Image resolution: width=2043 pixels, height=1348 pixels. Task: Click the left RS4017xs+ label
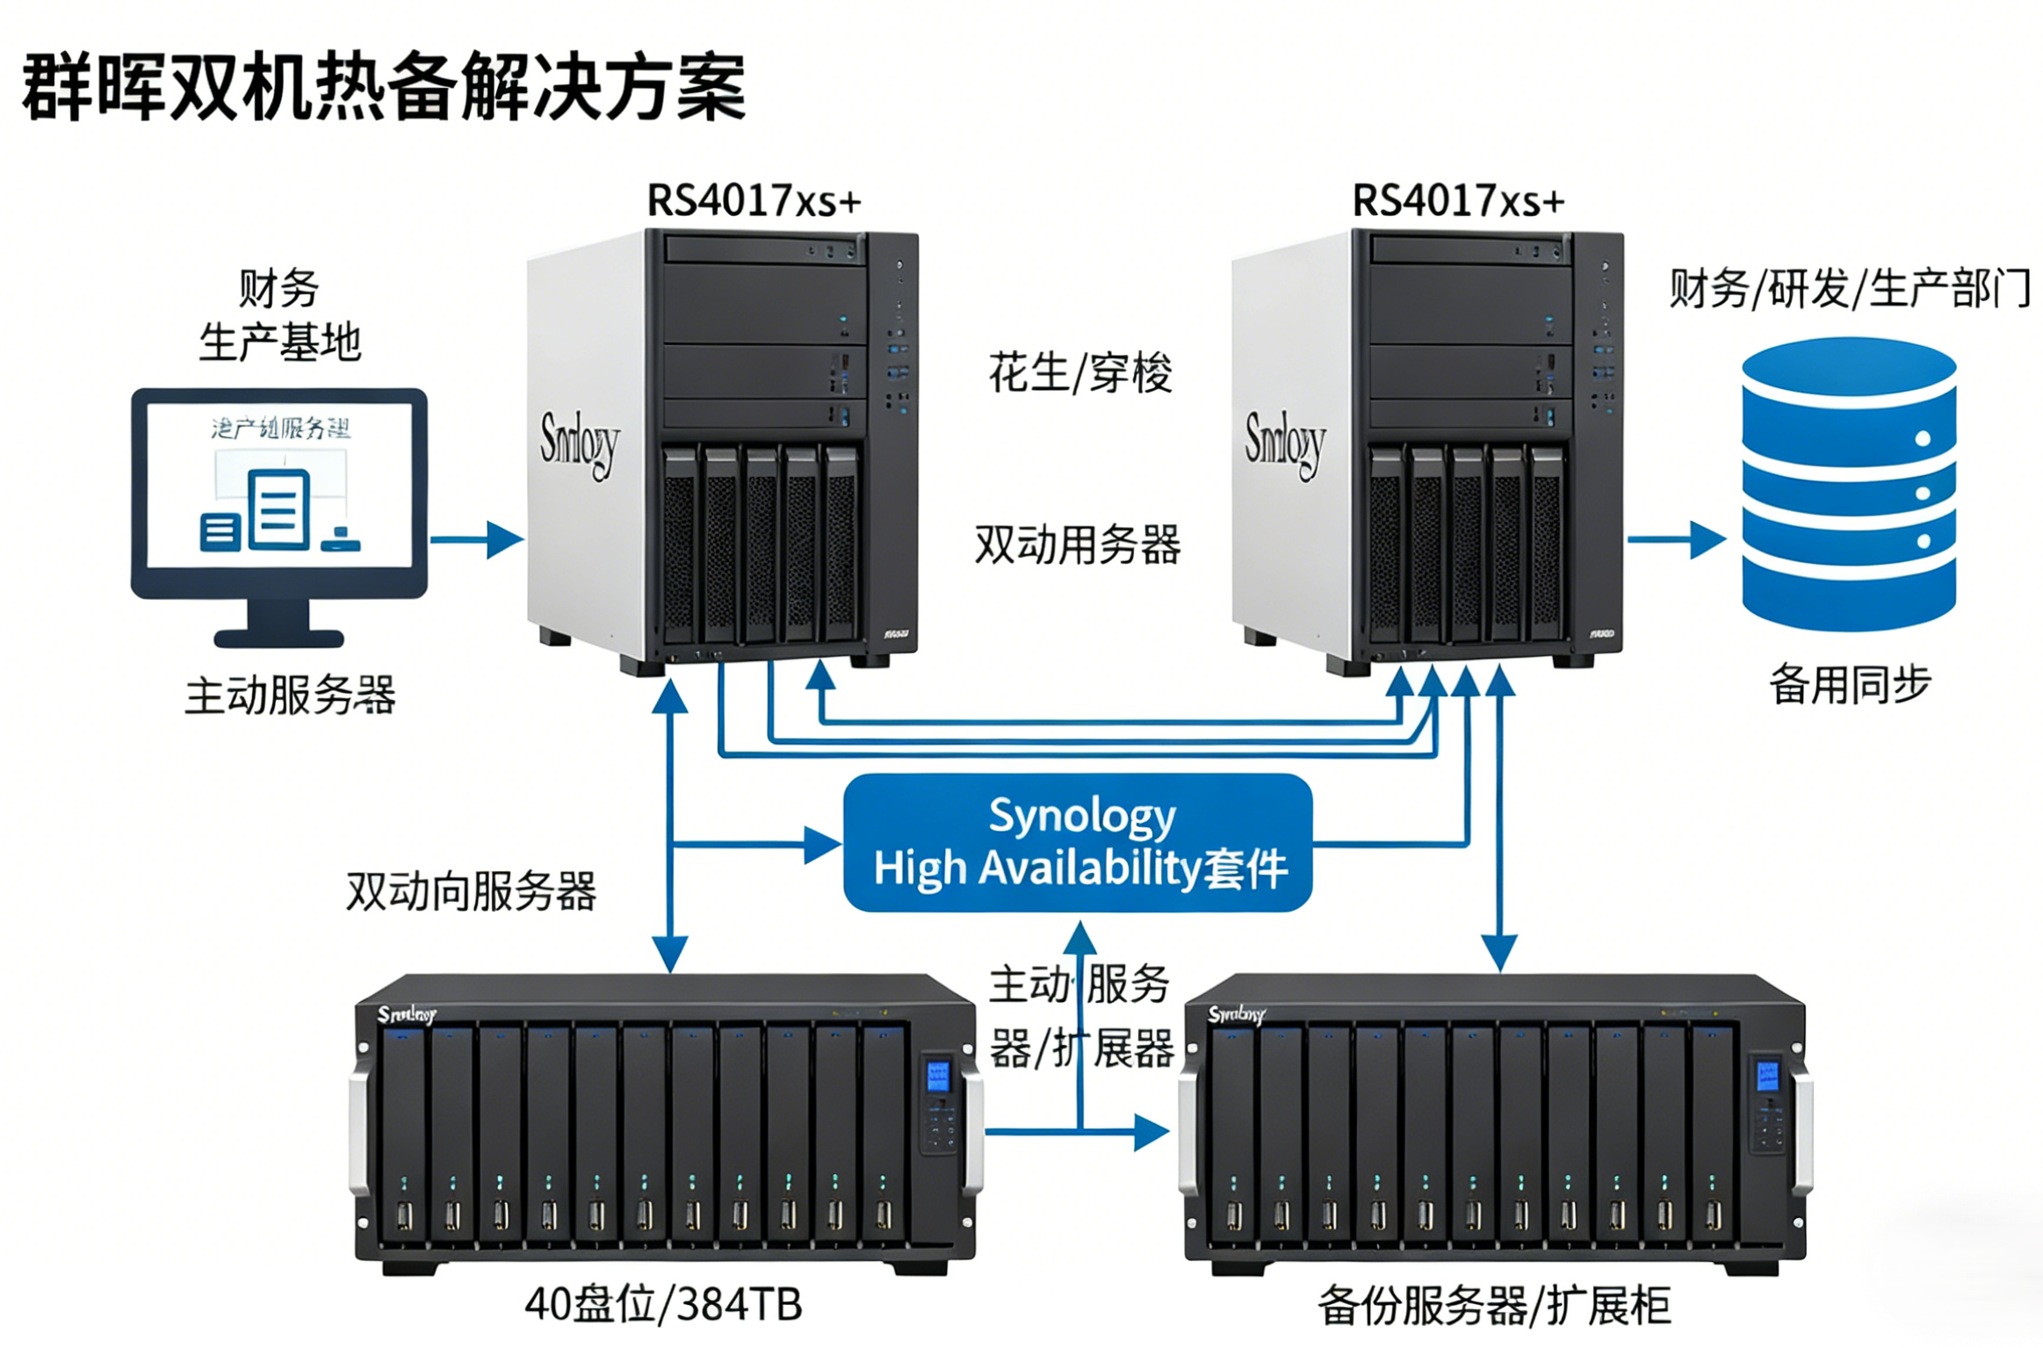tap(754, 201)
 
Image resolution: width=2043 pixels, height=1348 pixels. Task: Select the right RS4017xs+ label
tap(1458, 201)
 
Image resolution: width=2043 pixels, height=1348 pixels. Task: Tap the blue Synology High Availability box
tap(1078, 842)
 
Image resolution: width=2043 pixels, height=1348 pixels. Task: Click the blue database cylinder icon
tap(1849, 485)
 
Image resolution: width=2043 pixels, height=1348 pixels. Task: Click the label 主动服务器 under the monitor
tap(290, 696)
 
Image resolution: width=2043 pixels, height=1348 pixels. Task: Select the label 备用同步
tap(1850, 685)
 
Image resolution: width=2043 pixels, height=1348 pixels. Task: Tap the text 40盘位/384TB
tap(664, 1304)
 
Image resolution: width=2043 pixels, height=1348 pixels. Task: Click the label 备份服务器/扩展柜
tap(1494, 1306)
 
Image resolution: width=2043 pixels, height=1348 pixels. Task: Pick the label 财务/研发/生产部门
tap(1850, 290)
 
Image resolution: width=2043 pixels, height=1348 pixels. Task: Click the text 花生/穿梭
tap(1080, 372)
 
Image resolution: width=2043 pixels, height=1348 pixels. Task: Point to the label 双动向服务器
tap(472, 891)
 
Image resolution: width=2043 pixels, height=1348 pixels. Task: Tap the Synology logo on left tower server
tap(579, 443)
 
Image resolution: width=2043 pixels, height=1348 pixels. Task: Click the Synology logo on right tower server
tap(1284, 443)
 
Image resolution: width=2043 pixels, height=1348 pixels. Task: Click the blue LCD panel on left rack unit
tap(937, 1076)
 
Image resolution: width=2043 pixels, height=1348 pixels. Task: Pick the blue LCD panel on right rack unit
tap(1766, 1076)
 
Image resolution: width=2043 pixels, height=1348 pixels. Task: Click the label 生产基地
tap(280, 342)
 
